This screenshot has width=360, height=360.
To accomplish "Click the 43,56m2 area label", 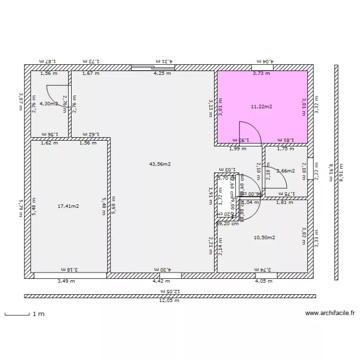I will coord(160,164).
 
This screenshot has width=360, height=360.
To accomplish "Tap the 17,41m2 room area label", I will coord(68,206).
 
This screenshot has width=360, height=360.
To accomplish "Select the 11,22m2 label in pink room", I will coord(262,107).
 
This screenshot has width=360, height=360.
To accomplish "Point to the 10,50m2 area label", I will coord(264,238).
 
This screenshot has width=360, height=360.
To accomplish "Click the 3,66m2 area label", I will coord(286,171).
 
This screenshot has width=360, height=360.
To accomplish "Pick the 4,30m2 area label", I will coord(49,103).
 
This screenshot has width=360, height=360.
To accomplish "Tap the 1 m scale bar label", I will coord(38,314).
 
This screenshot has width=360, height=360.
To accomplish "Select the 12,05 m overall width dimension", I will coord(169,301).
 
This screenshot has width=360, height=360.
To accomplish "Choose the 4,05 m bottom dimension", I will coord(264,281).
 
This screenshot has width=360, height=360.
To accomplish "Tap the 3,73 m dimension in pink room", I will coord(262,73).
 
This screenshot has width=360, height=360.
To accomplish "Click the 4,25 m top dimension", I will coord(161,73).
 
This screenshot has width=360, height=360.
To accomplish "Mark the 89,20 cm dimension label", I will coord(228,224).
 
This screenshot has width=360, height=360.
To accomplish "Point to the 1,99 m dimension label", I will coord(238,149).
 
